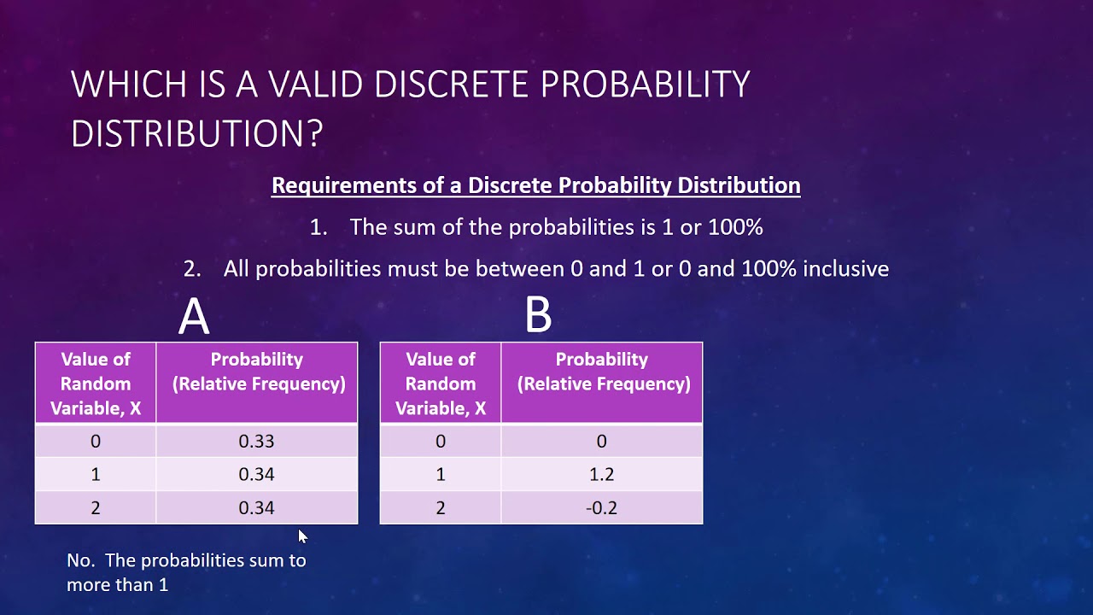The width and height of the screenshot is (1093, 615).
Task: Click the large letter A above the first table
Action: pos(194,317)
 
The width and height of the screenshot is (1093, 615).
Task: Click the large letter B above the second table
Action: pos(538,314)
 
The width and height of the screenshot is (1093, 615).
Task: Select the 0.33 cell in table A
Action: pos(256,442)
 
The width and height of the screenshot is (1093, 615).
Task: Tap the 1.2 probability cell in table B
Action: pos(601,475)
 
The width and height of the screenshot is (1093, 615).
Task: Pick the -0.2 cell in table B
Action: pos(601,508)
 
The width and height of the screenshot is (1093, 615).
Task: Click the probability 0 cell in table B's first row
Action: pos(601,442)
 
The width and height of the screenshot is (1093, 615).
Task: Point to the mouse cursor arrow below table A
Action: pos(302,536)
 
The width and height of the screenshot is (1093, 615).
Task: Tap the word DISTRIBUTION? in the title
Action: pos(196,134)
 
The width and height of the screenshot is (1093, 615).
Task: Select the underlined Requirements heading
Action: pos(535,185)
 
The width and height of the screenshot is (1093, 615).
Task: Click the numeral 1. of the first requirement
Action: pos(319,227)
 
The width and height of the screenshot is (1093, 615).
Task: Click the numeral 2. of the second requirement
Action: pos(192,269)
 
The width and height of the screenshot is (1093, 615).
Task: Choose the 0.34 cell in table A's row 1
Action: pos(256,475)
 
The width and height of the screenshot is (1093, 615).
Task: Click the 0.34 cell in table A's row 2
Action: pos(256,508)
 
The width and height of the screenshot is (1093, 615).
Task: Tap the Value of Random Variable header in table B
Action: pos(441,384)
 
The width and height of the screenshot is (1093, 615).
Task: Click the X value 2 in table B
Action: pos(441,508)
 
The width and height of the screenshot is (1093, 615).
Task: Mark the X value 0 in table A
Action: pos(96,442)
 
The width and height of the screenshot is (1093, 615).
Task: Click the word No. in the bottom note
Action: pos(82,561)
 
